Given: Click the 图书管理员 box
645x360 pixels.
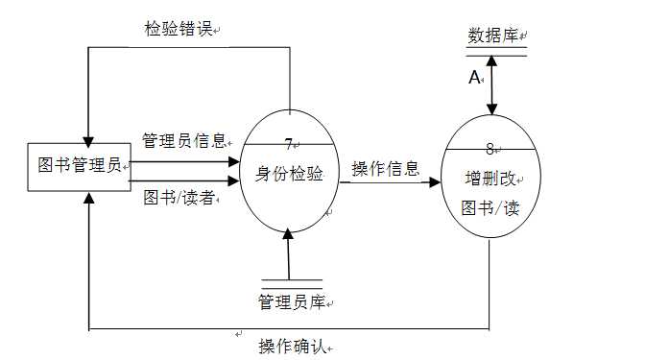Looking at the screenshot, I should (x=80, y=165).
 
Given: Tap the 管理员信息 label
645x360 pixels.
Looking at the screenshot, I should (x=183, y=141).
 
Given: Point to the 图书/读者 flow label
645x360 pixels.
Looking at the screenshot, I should (x=178, y=199).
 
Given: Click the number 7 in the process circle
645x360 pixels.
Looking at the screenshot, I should (x=289, y=144).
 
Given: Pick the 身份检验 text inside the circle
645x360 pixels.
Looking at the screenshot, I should (x=288, y=174).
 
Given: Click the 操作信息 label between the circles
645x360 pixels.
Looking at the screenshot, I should (x=385, y=169).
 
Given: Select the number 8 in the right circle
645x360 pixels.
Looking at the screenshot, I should (x=490, y=149).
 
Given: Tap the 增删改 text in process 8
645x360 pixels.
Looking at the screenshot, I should (x=490, y=178).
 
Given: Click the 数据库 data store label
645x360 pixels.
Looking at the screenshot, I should (x=492, y=36).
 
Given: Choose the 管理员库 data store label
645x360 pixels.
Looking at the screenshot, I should (x=289, y=302).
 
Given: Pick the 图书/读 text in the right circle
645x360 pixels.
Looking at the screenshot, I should (x=490, y=206).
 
